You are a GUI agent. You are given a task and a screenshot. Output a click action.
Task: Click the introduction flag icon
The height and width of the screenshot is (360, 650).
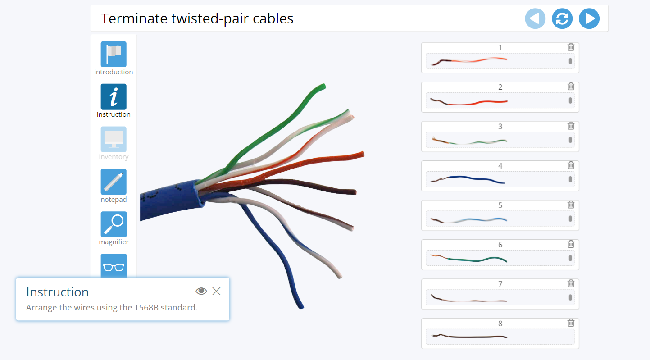coord(114,54)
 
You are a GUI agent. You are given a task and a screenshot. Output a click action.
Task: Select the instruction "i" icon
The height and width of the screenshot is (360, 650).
coord(114,96)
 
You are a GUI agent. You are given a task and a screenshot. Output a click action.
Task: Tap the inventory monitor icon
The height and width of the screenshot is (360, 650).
coord(114,139)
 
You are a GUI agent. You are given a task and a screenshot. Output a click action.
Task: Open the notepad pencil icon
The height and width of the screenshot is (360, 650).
coord(114,182)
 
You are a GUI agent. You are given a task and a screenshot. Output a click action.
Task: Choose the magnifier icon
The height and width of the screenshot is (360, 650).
coord(114,224)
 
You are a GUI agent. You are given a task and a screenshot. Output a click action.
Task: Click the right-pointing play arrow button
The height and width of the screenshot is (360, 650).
coord(589,19)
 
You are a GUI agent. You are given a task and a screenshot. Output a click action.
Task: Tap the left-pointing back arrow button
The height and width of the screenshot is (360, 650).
coord(535,19)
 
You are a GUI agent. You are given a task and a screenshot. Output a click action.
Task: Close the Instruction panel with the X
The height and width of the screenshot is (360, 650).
coord(216,291)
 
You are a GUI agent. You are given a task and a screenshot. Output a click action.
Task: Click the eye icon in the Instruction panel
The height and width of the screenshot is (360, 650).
coord(201,291)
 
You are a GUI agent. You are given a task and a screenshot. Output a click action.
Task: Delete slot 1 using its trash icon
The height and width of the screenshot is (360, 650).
coord(571,47)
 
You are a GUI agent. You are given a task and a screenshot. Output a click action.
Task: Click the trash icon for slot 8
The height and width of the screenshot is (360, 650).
coord(571,323)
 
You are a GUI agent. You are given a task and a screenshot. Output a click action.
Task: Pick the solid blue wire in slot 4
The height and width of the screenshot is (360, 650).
coord(477,179)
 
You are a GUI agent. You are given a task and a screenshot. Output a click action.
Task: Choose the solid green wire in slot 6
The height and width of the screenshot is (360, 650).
coord(477,259)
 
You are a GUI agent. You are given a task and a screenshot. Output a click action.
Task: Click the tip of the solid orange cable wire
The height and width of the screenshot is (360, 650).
coord(361,155)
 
